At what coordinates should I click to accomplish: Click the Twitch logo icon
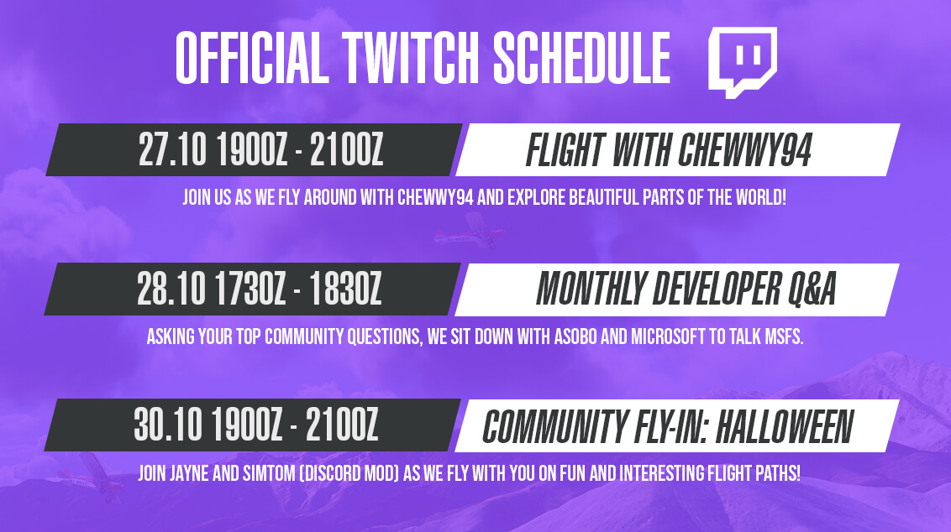[743, 62]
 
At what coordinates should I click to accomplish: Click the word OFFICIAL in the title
[252, 58]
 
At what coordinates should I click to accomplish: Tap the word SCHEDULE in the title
[581, 58]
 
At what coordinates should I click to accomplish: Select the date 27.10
[173, 150]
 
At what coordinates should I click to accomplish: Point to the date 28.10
[171, 289]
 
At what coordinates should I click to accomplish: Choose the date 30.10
[169, 425]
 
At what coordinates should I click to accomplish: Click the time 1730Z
[250, 289]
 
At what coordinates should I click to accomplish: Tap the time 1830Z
[345, 289]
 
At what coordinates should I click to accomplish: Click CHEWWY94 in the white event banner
[744, 150]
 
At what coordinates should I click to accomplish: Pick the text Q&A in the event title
[812, 289]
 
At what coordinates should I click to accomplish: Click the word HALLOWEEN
[785, 426]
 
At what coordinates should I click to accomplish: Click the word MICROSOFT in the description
[669, 336]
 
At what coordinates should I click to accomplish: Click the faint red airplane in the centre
[469, 232]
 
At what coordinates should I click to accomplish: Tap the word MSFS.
[783, 336]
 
